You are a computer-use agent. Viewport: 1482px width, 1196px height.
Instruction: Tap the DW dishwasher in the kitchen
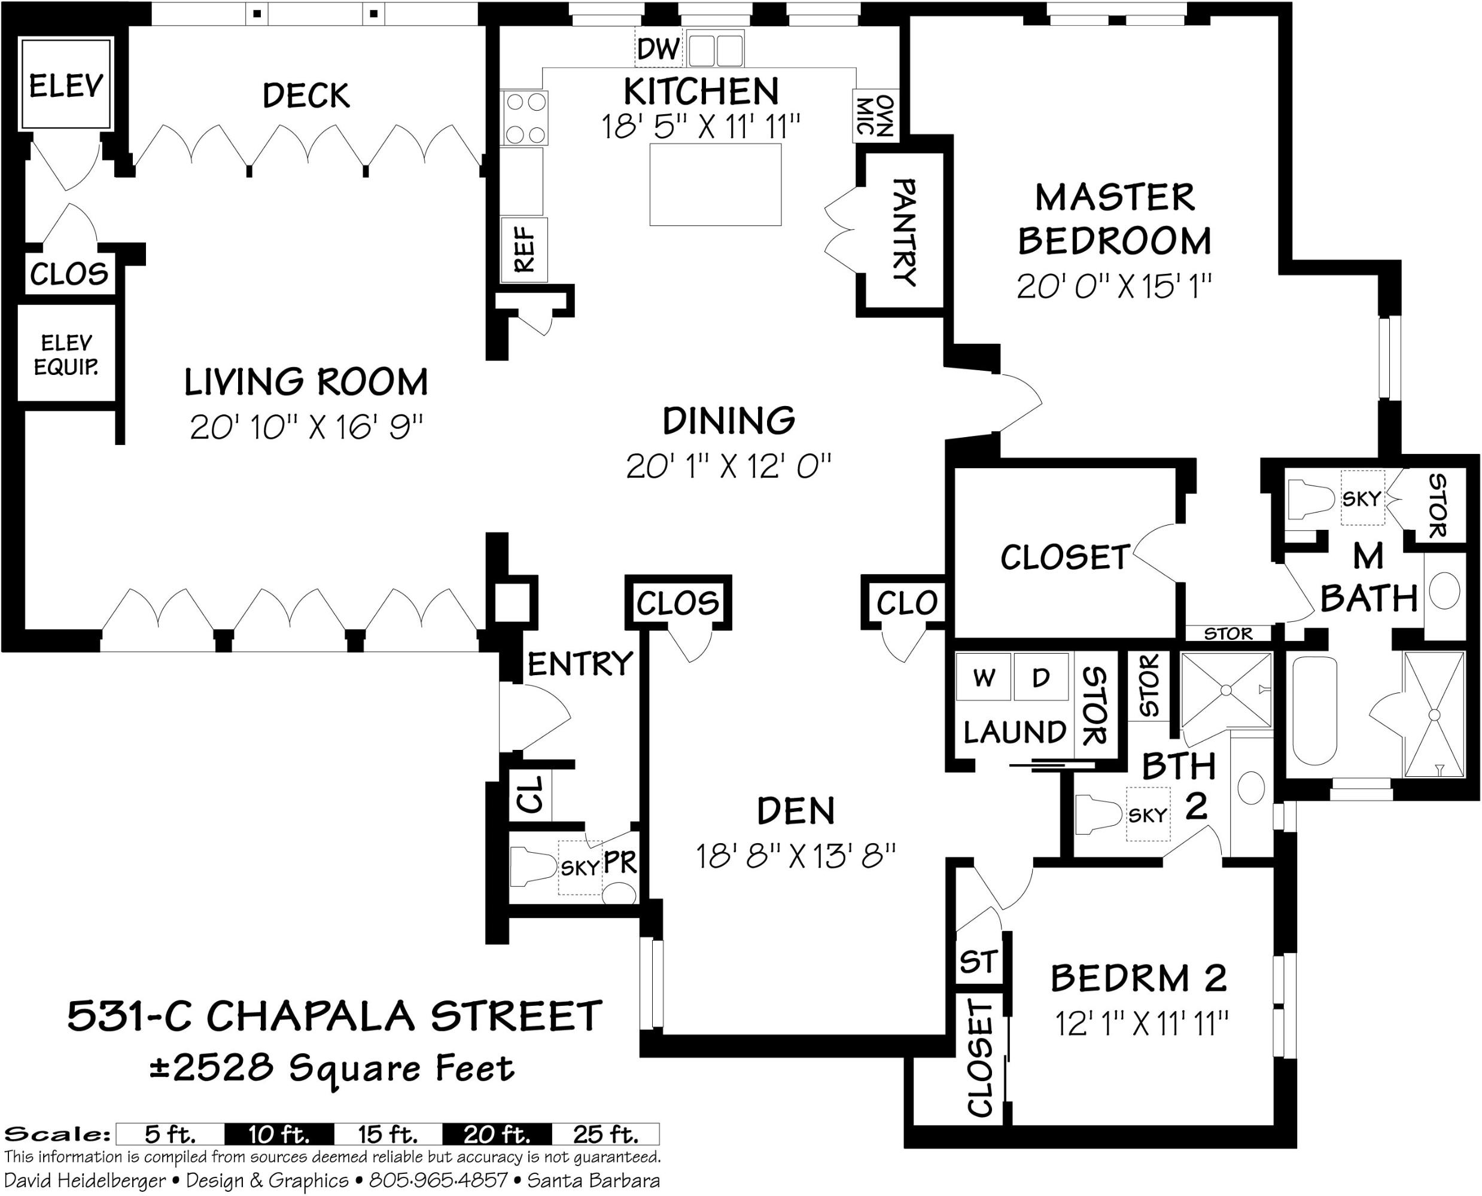[658, 48]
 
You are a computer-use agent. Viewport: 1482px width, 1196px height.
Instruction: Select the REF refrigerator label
[525, 249]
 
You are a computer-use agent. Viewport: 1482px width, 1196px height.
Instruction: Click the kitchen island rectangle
[716, 184]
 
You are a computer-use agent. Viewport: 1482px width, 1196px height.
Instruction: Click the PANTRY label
[905, 231]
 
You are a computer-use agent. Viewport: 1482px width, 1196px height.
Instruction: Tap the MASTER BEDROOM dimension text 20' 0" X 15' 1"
[1114, 286]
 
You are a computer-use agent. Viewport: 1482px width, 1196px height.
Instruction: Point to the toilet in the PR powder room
[533, 867]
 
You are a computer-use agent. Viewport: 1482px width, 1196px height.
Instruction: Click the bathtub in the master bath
[1314, 710]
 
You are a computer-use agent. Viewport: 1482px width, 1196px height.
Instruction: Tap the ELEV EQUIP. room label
[66, 354]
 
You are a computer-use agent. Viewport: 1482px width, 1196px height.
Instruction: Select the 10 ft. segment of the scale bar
[279, 1133]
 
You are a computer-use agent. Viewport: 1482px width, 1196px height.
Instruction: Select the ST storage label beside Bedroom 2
[978, 961]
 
